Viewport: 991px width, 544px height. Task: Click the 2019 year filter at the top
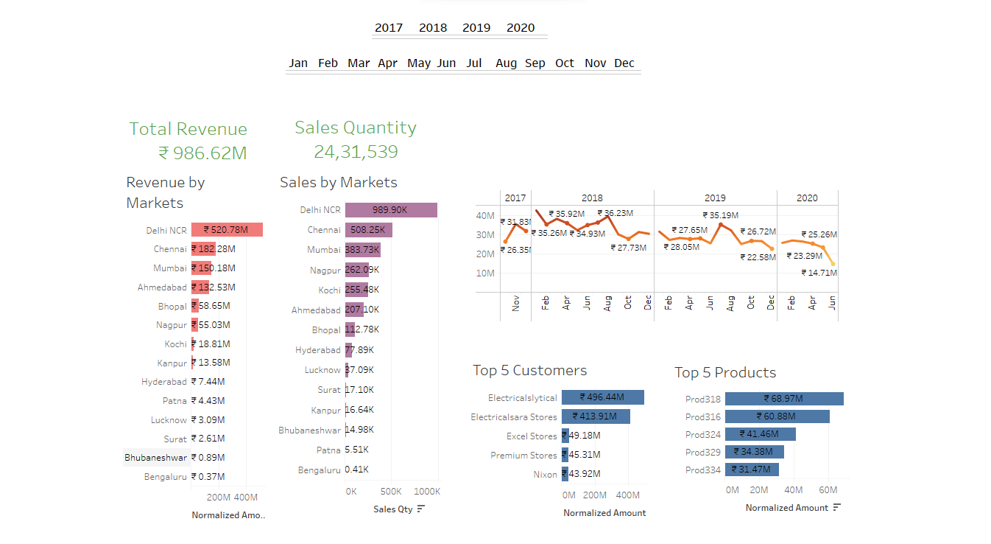pyautogui.click(x=476, y=28)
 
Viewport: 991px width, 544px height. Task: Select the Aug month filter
pyautogui.click(x=506, y=63)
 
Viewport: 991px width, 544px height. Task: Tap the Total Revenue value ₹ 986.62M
pyautogui.click(x=202, y=153)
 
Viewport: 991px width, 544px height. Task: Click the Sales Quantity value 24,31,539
pyautogui.click(x=356, y=152)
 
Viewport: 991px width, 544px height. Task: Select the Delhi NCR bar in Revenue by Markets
pyautogui.click(x=227, y=230)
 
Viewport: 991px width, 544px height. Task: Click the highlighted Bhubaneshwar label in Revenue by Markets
pyautogui.click(x=156, y=458)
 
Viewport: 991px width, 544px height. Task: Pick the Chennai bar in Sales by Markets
pyautogui.click(x=368, y=230)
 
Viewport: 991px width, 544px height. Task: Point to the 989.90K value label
pyautogui.click(x=389, y=210)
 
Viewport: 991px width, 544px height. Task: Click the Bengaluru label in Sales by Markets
pyautogui.click(x=319, y=470)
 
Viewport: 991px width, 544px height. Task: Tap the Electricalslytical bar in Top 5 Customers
pyautogui.click(x=602, y=397)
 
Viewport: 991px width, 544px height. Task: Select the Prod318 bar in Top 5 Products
pyautogui.click(x=783, y=399)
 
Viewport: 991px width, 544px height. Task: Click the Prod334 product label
pyautogui.click(x=702, y=470)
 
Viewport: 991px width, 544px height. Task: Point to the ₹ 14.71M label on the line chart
pyautogui.click(x=819, y=273)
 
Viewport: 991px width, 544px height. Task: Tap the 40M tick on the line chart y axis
pyautogui.click(x=484, y=216)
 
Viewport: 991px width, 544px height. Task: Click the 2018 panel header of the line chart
pyautogui.click(x=592, y=198)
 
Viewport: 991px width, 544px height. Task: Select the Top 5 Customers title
pyautogui.click(x=529, y=371)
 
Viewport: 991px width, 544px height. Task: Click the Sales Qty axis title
pyautogui.click(x=393, y=509)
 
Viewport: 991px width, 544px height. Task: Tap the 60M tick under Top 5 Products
pyautogui.click(x=828, y=490)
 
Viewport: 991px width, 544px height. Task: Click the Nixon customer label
pyautogui.click(x=545, y=475)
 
